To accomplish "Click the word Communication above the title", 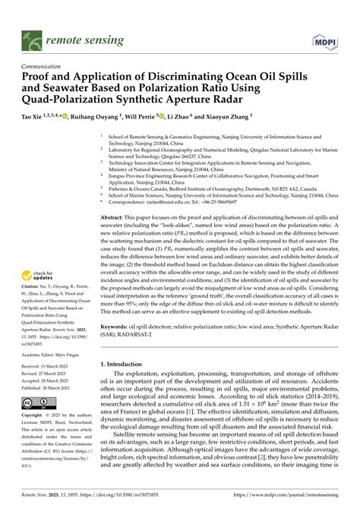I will (43, 67).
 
